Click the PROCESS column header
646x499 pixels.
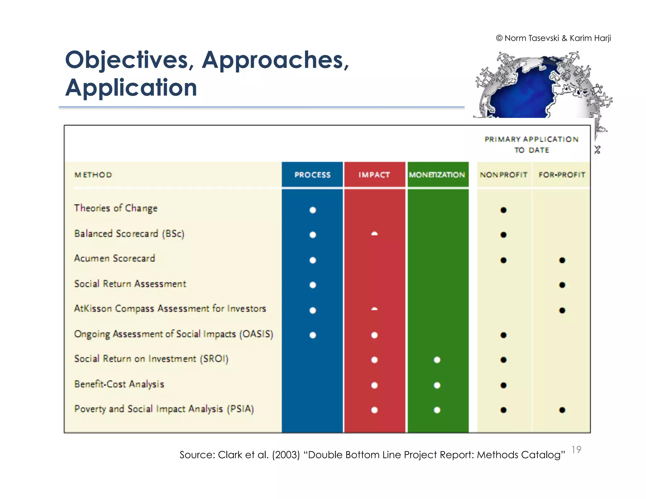click(x=312, y=175)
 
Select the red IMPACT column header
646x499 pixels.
click(x=374, y=175)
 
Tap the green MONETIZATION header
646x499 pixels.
click(x=437, y=175)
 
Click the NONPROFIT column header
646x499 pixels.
click(x=503, y=175)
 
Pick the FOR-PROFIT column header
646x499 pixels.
click(x=562, y=175)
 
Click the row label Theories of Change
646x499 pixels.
click(x=116, y=208)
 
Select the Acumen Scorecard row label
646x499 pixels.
click(x=115, y=258)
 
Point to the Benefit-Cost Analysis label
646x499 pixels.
click(x=119, y=384)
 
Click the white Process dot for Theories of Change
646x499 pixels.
click(x=313, y=210)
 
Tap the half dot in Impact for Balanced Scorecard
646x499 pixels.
click(x=374, y=234)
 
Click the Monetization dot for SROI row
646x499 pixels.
click(x=437, y=360)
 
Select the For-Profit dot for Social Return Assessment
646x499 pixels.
click(x=562, y=285)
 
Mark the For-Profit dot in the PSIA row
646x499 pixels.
click(x=562, y=410)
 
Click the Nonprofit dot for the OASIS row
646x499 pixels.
click(x=503, y=335)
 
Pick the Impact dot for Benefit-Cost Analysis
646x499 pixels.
click(x=374, y=385)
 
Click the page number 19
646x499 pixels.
click(x=576, y=449)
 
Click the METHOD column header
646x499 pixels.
click(x=93, y=175)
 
